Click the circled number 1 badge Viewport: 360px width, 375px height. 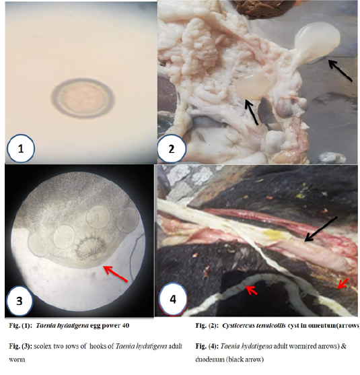(x=21, y=149)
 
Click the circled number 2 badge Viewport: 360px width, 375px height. (x=172, y=149)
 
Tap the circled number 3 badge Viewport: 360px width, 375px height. (x=19, y=300)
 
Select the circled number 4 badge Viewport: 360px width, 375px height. (x=172, y=299)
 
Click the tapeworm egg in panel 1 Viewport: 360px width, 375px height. (x=83, y=98)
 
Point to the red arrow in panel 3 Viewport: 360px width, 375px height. (x=116, y=273)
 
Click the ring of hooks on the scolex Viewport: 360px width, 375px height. (x=91, y=248)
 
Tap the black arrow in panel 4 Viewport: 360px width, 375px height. (x=321, y=229)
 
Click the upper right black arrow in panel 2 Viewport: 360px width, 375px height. (x=340, y=71)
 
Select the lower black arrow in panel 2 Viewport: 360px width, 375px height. (x=251, y=112)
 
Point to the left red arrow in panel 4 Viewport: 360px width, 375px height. (x=252, y=290)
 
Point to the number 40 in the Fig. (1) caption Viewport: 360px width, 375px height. (x=125, y=325)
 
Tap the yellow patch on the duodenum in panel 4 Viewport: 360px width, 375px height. (x=273, y=234)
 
